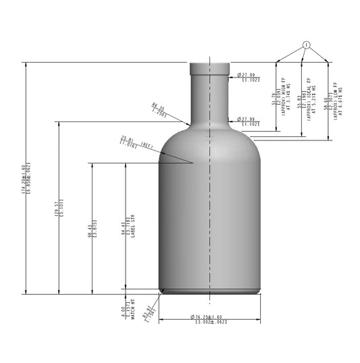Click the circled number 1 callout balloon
click(306, 45)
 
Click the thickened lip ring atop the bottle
click(211, 67)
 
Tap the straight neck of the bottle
click(211, 94)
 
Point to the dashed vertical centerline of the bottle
click(211, 202)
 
